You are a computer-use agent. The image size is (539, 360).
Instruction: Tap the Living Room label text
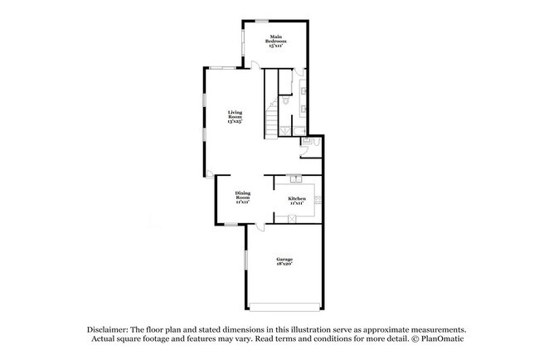[x=236, y=115]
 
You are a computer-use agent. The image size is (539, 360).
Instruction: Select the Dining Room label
[x=242, y=196]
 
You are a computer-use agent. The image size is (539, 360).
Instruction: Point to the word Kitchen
[x=297, y=197]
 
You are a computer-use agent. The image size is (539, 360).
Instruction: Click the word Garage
[x=284, y=260]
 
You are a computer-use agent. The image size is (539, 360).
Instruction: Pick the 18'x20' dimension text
[x=284, y=265]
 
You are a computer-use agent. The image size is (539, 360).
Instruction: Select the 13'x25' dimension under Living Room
[x=236, y=122]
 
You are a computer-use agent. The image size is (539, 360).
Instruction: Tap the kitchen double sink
[x=296, y=178]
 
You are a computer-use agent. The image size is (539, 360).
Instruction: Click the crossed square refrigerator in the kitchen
[x=293, y=217]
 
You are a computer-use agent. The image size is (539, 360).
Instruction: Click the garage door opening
[x=286, y=306]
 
